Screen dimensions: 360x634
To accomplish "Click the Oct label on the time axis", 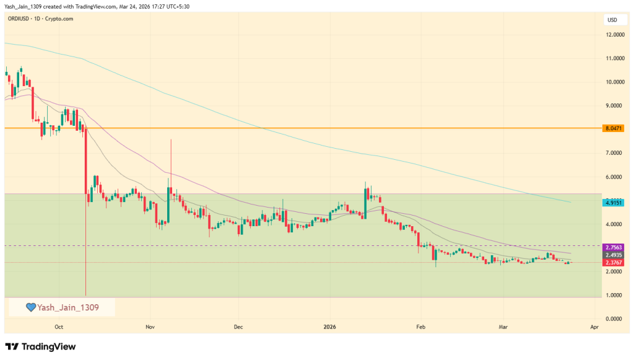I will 59,327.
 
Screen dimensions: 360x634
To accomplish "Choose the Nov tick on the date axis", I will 149,327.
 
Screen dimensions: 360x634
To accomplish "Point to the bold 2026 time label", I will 330,327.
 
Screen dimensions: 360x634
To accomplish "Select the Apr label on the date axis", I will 594,327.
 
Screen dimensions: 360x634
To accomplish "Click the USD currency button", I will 612,20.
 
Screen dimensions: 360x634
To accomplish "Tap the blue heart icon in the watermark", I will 30,307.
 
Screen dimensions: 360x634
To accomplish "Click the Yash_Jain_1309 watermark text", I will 68,307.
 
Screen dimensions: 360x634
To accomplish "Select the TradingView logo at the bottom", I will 40,347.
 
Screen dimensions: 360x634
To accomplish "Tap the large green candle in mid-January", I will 365,201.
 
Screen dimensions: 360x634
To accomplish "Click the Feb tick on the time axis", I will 421,327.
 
